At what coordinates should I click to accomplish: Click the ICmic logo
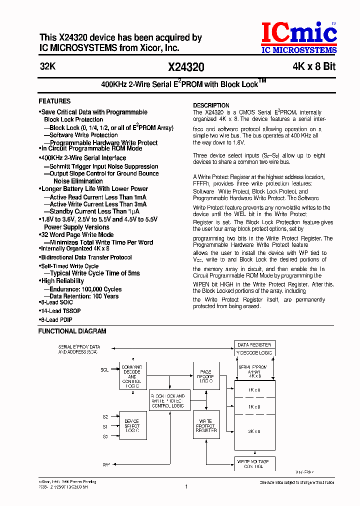(x=299, y=38)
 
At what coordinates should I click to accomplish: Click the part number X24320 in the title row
(x=186, y=67)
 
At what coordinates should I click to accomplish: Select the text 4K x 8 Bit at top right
(x=314, y=66)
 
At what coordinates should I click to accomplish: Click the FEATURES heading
(x=54, y=101)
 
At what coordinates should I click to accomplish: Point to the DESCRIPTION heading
(x=211, y=105)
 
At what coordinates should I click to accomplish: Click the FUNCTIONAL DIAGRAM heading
(x=72, y=331)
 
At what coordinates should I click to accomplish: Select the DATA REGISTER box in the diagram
(x=254, y=345)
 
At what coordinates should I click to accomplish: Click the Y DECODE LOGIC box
(x=254, y=353)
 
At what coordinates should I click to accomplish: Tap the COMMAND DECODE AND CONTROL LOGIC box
(x=132, y=376)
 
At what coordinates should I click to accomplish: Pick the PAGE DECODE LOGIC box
(x=206, y=376)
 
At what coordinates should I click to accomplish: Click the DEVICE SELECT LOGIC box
(x=132, y=426)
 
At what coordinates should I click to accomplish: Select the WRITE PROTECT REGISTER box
(x=206, y=426)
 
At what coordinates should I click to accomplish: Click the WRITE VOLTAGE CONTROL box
(x=254, y=463)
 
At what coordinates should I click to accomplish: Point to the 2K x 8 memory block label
(x=254, y=431)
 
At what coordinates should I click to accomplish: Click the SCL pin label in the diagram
(x=104, y=370)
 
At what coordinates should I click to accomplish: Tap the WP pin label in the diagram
(x=106, y=465)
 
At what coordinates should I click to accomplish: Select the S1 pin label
(x=105, y=426)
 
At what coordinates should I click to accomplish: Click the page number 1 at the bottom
(x=186, y=486)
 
